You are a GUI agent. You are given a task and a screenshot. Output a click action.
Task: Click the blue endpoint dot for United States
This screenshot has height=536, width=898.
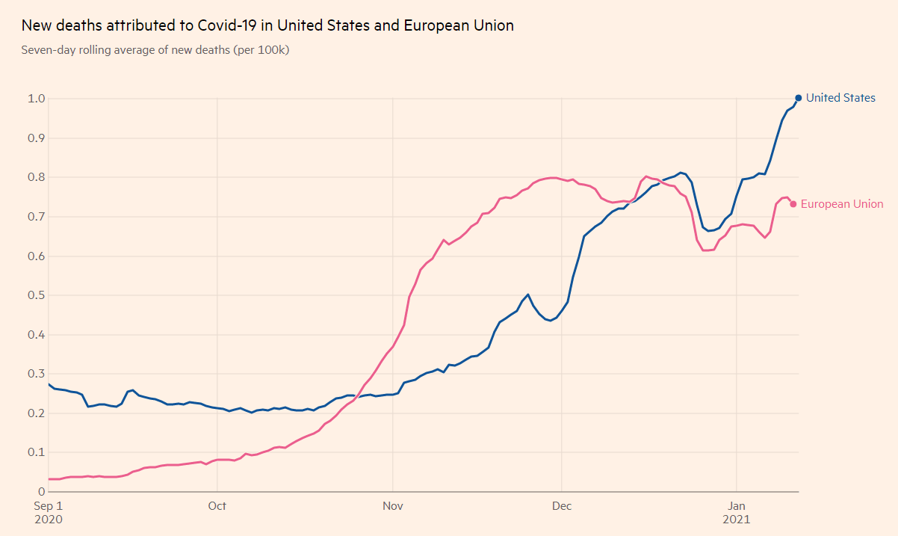pyautogui.click(x=798, y=98)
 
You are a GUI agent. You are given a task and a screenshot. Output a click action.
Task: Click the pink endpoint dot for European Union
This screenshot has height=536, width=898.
pyautogui.click(x=793, y=204)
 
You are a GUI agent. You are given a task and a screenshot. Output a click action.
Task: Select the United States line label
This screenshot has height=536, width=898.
pyautogui.click(x=840, y=98)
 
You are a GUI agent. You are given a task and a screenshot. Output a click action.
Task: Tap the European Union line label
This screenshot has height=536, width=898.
pyautogui.click(x=842, y=204)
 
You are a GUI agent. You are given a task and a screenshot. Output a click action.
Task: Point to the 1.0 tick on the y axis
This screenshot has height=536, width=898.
pyautogui.click(x=37, y=99)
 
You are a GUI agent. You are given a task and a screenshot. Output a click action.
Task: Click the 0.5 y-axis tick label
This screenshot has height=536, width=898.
pyautogui.click(x=37, y=295)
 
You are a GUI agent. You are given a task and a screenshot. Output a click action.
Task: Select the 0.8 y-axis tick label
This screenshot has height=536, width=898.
pyautogui.click(x=37, y=177)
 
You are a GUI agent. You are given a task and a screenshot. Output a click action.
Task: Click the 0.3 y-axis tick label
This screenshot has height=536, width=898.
pyautogui.click(x=37, y=374)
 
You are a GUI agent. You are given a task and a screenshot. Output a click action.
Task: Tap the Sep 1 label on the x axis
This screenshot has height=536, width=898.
pyautogui.click(x=49, y=506)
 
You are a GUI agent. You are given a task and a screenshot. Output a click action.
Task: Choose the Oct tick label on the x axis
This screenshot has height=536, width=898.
pyautogui.click(x=217, y=506)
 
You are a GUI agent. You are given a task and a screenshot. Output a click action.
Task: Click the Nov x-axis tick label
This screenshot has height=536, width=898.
pyautogui.click(x=393, y=506)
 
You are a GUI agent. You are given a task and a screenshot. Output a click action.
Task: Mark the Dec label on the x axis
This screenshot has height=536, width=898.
pyautogui.click(x=562, y=506)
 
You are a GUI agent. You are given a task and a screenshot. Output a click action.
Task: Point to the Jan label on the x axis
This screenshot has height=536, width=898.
pyautogui.click(x=737, y=506)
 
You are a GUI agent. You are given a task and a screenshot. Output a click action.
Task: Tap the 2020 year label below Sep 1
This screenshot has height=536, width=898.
pyautogui.click(x=49, y=519)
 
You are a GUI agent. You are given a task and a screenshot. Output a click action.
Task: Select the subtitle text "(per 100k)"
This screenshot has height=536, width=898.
pyautogui.click(x=262, y=50)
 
